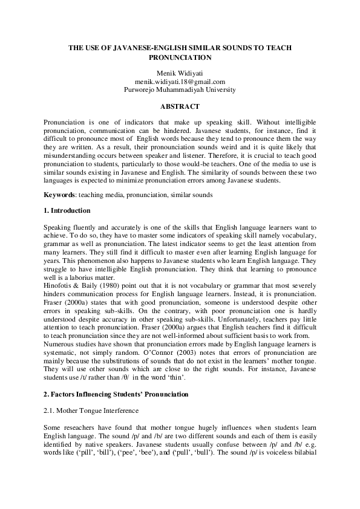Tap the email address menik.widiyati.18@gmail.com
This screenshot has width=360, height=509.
(180, 82)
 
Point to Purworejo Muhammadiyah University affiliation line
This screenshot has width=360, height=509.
(180, 89)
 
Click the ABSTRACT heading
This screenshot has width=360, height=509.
(180, 106)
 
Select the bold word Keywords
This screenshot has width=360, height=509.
(59, 194)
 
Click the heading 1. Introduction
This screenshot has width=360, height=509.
(67, 210)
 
